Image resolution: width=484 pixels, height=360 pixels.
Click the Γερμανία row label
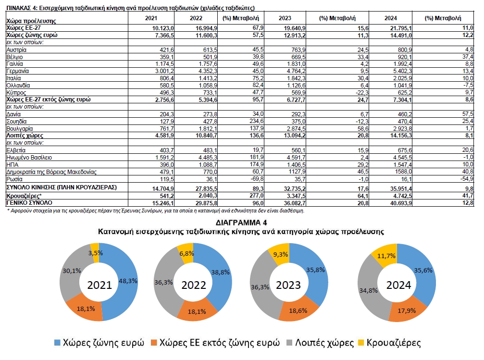pyautogui.click(x=18, y=71)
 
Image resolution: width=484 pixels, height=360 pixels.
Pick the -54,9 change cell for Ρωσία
pyautogui.click(x=467, y=179)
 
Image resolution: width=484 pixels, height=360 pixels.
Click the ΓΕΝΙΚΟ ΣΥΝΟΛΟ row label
pyautogui.click(x=29, y=203)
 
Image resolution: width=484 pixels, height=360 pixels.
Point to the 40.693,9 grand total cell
pyautogui.click(x=401, y=203)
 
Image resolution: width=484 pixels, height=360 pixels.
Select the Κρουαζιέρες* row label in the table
pyautogui.click(x=24, y=196)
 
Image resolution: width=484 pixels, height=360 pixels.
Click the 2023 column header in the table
pyautogui.click(x=285, y=18)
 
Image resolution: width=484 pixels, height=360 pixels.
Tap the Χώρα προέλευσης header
pyautogui.click(x=31, y=21)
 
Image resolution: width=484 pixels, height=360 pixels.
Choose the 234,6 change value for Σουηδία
pyautogui.click(x=257, y=121)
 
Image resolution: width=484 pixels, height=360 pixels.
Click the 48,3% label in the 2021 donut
pyautogui.click(x=128, y=281)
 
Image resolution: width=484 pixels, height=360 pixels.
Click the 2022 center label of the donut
pyautogui.click(x=194, y=285)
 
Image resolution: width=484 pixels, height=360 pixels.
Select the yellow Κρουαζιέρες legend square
pyautogui.click(x=361, y=343)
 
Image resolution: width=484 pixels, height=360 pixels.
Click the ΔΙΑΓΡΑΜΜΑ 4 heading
pyautogui.click(x=241, y=223)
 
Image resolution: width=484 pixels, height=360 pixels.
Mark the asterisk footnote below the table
pyautogui.click(x=155, y=211)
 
